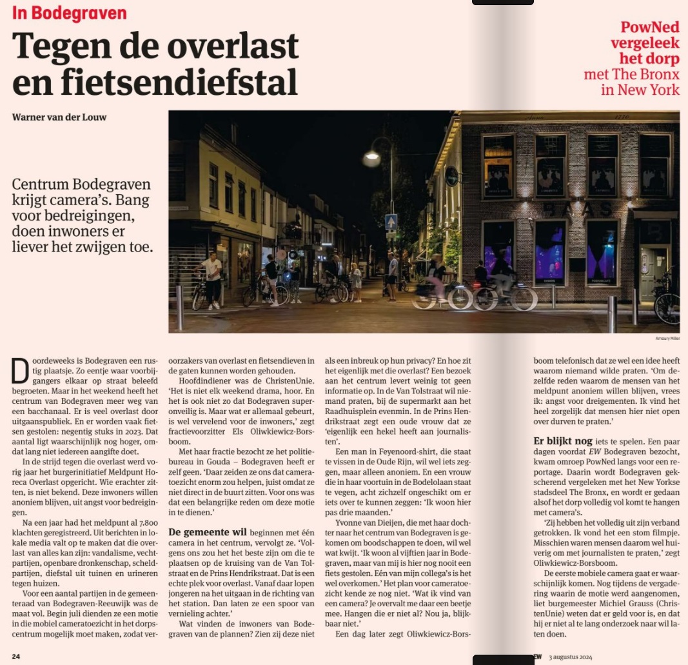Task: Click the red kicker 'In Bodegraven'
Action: pyautogui.click(x=69, y=14)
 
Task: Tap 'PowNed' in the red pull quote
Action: pyautogui.click(x=649, y=28)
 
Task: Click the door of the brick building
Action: pyautogui.click(x=652, y=271)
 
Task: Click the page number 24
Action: pyautogui.click(x=16, y=657)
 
